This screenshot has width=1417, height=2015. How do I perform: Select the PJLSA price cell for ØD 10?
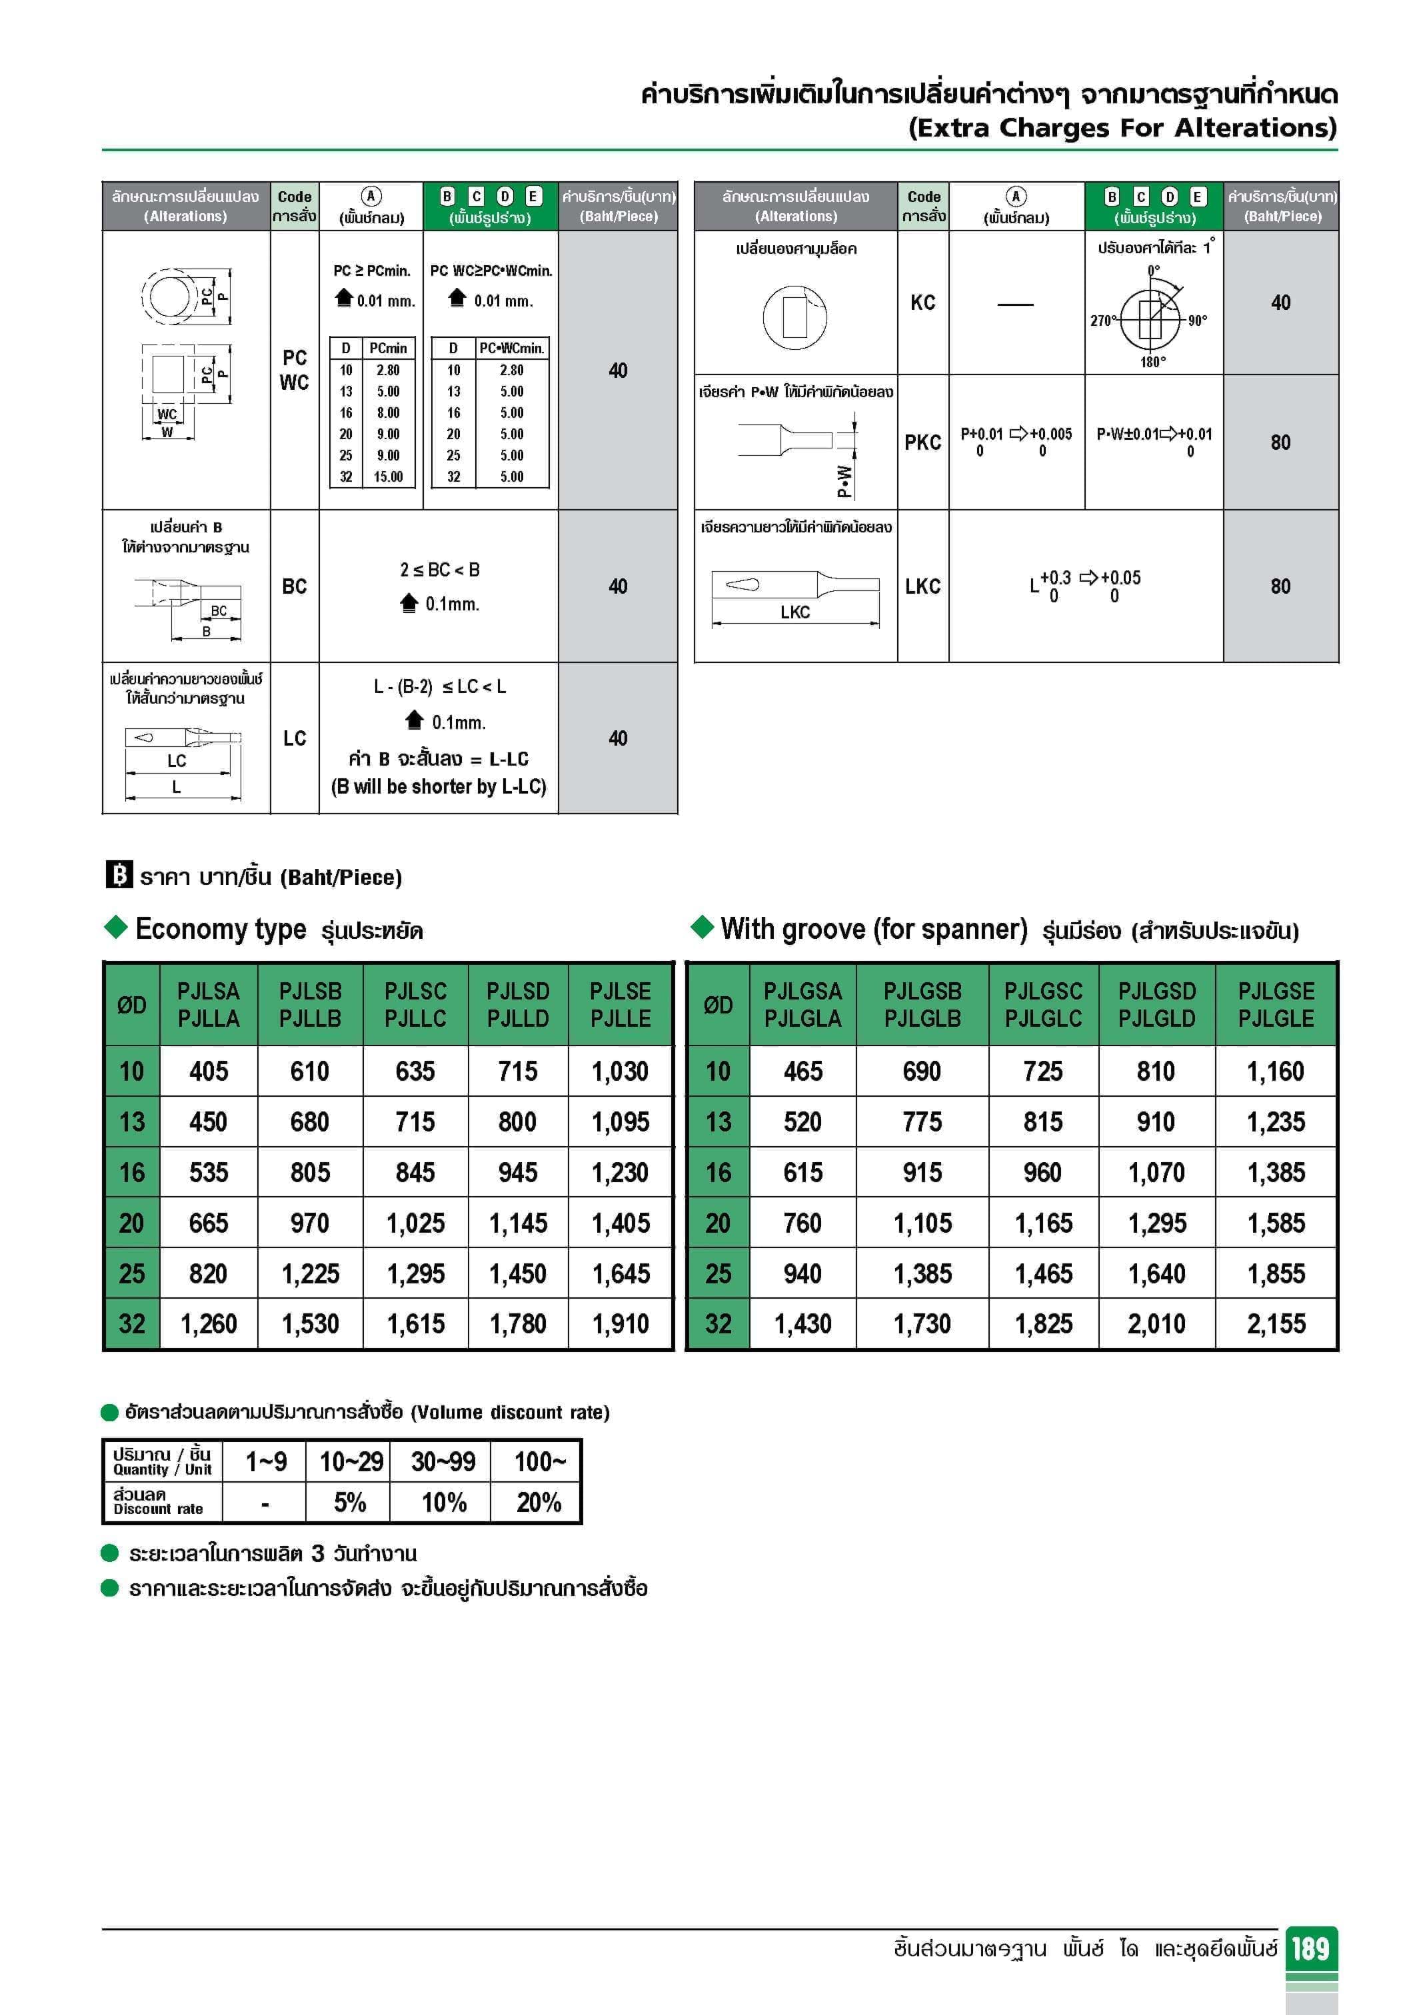click(208, 1071)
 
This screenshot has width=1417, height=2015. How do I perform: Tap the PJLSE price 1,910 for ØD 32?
click(620, 1323)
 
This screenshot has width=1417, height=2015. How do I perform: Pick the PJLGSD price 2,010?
click(1156, 1323)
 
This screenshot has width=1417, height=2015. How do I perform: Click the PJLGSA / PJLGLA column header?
click(802, 1005)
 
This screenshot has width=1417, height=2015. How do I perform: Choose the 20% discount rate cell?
click(538, 1503)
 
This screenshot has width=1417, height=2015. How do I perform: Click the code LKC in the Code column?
click(922, 586)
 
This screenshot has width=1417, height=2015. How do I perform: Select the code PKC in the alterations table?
click(922, 442)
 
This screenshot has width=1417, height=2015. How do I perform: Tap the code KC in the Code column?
click(922, 303)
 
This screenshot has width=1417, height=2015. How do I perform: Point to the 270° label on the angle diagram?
click(1102, 321)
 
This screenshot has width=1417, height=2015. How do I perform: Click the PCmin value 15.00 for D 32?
click(388, 477)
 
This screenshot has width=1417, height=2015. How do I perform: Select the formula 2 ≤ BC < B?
click(440, 570)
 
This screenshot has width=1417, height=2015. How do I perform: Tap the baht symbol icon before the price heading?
click(119, 875)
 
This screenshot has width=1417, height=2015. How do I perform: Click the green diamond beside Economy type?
click(116, 928)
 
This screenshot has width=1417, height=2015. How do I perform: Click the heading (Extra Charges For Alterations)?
click(1122, 128)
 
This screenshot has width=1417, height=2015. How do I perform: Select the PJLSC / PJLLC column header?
click(415, 1005)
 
